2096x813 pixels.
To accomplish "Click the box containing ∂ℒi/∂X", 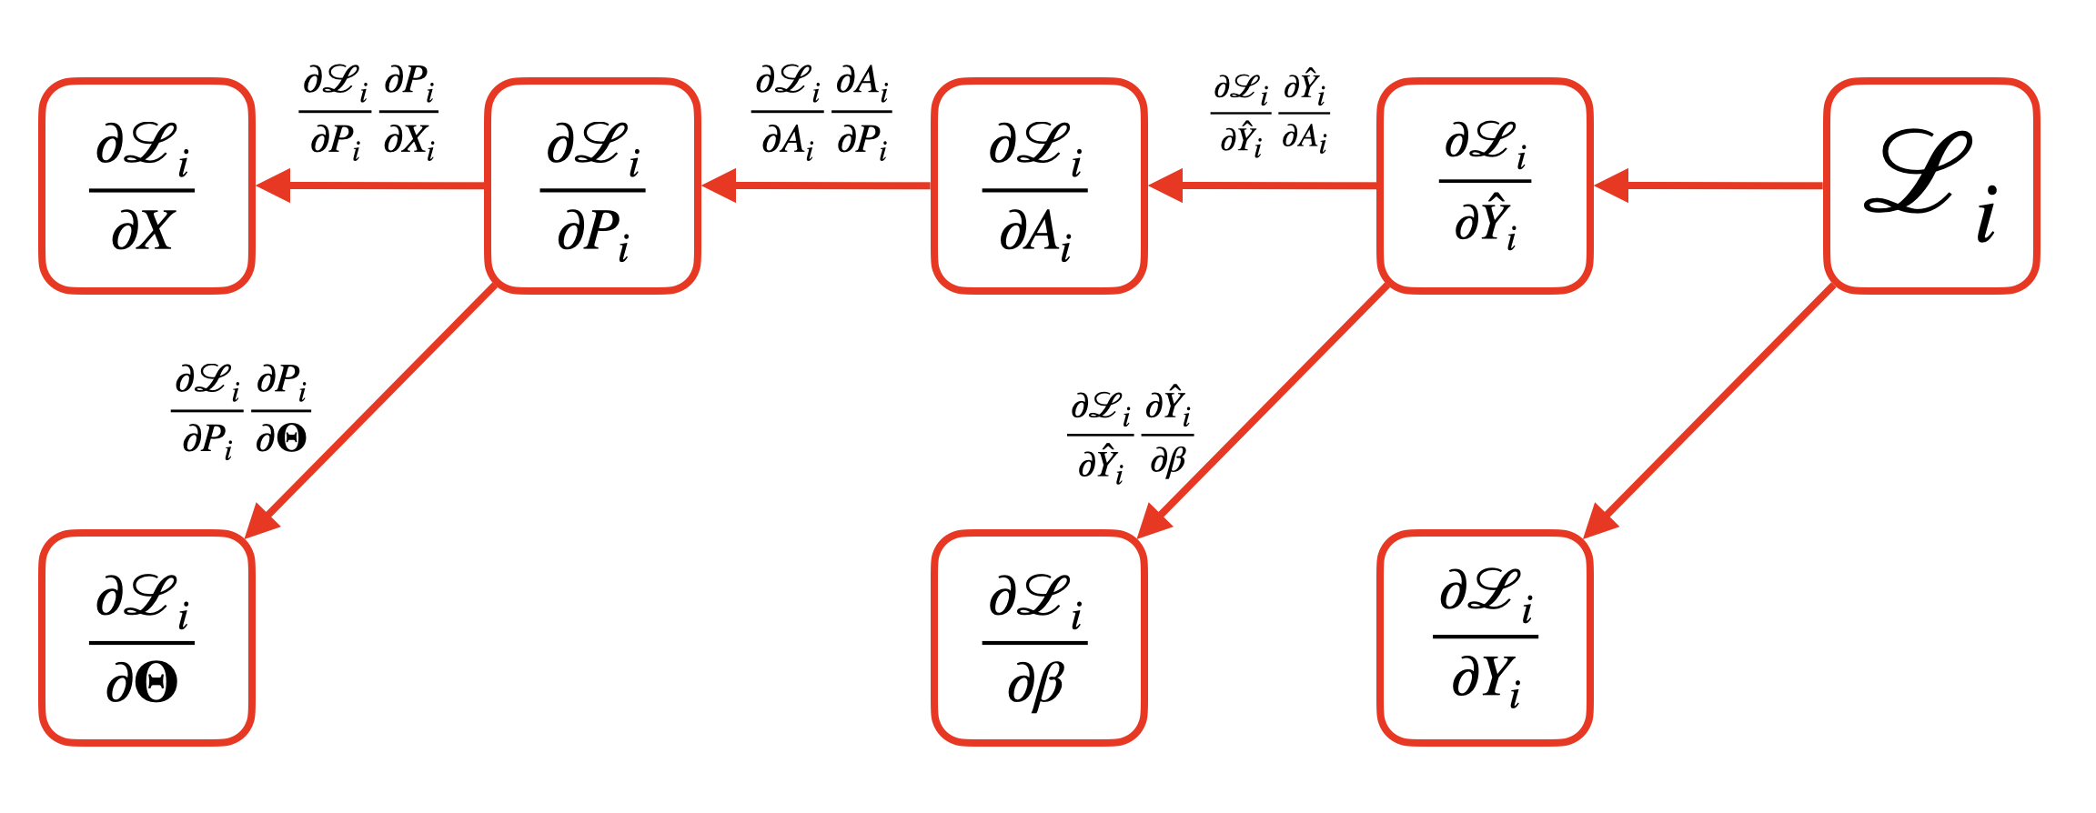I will (x=146, y=186).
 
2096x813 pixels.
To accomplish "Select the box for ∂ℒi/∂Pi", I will (x=592, y=186).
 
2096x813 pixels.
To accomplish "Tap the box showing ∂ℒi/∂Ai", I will (x=1038, y=186).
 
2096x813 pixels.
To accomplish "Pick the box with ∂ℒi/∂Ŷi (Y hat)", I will (x=1485, y=186).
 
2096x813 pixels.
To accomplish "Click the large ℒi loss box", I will (x=1930, y=186).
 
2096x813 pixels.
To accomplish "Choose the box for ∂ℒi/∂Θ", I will (x=146, y=637).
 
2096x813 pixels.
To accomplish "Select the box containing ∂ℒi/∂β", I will (x=1038, y=637).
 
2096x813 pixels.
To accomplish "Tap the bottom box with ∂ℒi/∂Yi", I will (x=1485, y=637).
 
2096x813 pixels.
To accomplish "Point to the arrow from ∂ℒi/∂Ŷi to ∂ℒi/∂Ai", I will (x=1265, y=186).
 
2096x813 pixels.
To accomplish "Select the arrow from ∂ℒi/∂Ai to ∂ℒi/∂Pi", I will (x=819, y=186).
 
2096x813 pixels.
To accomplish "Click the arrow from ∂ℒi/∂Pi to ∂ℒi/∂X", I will (x=373, y=186).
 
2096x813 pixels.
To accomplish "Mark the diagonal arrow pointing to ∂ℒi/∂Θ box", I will (x=373, y=409).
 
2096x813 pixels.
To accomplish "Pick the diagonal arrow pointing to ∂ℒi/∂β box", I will (x=1265, y=409).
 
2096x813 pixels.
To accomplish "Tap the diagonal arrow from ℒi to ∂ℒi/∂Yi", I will (x=1710, y=409).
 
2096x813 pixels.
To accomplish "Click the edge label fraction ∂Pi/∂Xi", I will (x=408, y=113).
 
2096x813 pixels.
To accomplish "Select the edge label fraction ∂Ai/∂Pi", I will (x=862, y=113).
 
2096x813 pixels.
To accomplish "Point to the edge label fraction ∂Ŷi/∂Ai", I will (x=1305, y=115).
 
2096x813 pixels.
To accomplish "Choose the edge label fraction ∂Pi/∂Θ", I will (x=281, y=410).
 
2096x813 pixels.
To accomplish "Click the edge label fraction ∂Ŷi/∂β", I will (x=1168, y=435).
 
